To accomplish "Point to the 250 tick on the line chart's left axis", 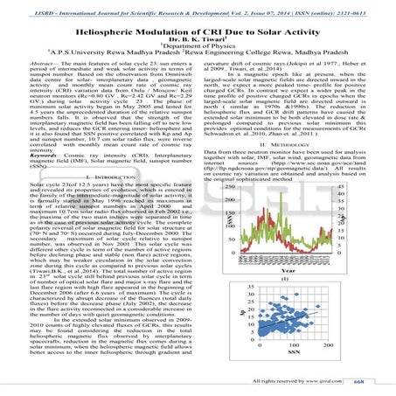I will (226, 186).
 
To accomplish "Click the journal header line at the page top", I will (198, 7).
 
